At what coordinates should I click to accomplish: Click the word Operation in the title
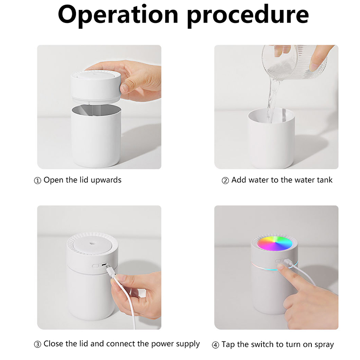pyautogui.click(x=118, y=15)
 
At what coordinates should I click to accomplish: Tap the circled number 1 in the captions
pyautogui.click(x=37, y=181)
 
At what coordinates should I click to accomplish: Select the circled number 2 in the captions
pyautogui.click(x=225, y=181)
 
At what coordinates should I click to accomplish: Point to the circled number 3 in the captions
pyautogui.click(x=37, y=344)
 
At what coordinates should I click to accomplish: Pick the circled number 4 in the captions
pyautogui.click(x=216, y=345)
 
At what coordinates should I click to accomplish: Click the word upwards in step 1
pyautogui.click(x=106, y=180)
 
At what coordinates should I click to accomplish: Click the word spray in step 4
pyautogui.click(x=324, y=345)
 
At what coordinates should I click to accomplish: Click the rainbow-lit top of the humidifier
pyautogui.click(x=274, y=243)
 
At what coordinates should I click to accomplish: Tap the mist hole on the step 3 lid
pyautogui.click(x=93, y=243)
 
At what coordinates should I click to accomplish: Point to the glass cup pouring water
pyautogui.click(x=295, y=62)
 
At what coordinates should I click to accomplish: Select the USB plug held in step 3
pyautogui.click(x=111, y=271)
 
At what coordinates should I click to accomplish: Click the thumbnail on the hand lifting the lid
pyautogui.click(x=125, y=88)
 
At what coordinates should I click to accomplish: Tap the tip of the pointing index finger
pyautogui.click(x=280, y=266)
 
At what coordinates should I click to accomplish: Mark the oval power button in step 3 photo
pyautogui.click(x=95, y=266)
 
